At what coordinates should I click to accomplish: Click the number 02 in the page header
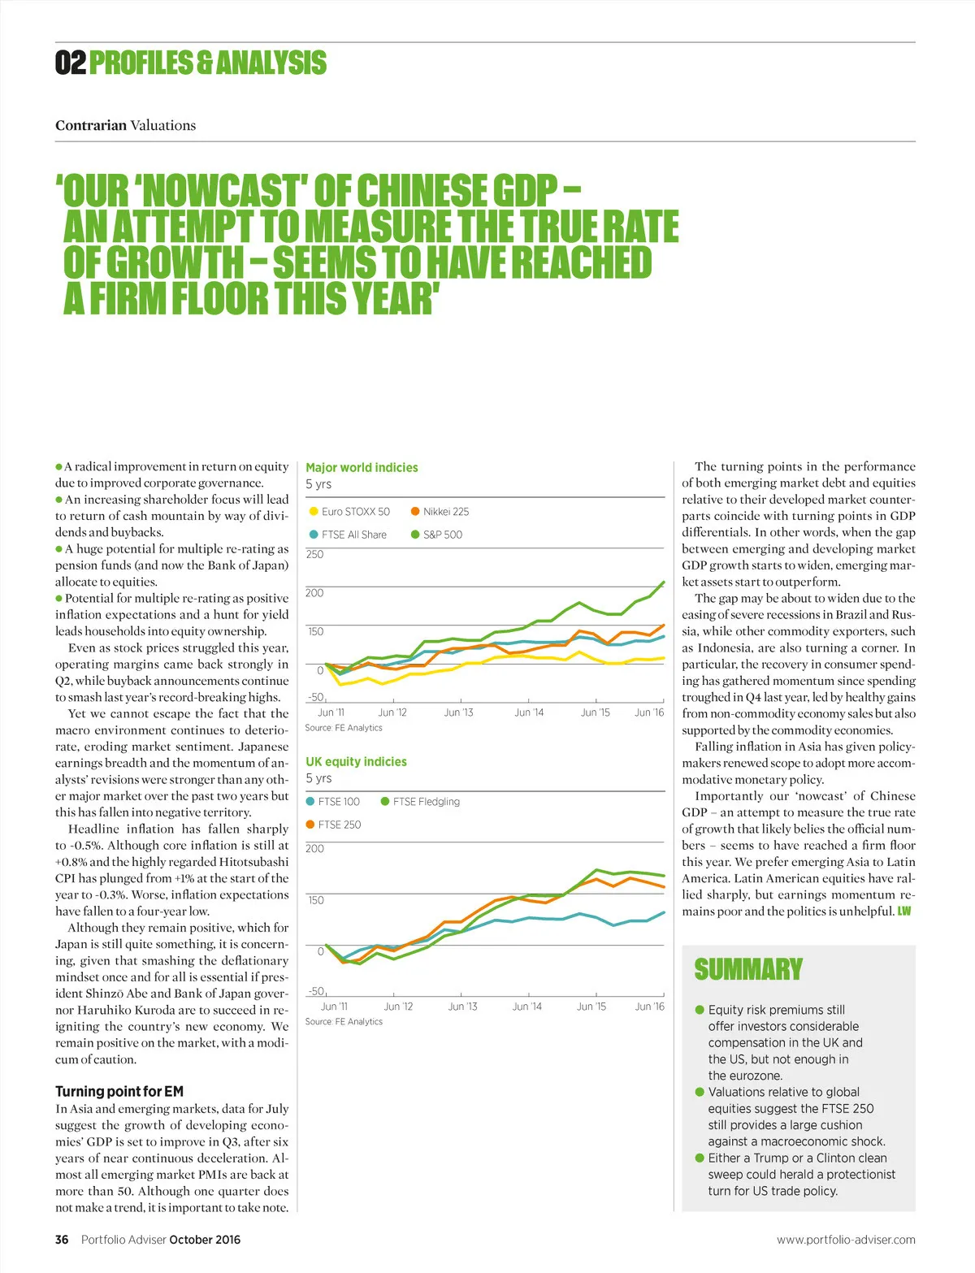(x=71, y=63)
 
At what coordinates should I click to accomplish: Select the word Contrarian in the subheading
(x=91, y=125)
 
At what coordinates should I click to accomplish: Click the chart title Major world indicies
(x=362, y=467)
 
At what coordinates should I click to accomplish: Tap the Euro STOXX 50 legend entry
(x=350, y=512)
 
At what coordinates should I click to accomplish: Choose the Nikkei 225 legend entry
(x=440, y=512)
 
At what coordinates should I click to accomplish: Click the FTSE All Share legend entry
(x=349, y=535)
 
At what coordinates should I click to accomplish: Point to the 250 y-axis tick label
(x=314, y=554)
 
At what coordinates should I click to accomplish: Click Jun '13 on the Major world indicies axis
(x=458, y=712)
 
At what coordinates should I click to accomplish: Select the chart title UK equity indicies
(x=356, y=761)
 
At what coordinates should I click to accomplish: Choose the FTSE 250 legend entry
(x=334, y=825)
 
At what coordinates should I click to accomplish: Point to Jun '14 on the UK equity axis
(x=526, y=1007)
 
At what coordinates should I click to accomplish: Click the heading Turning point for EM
(x=119, y=1091)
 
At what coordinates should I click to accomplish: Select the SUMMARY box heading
(x=747, y=969)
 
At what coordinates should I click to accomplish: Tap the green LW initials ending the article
(x=904, y=911)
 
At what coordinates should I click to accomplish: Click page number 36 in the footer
(x=62, y=1240)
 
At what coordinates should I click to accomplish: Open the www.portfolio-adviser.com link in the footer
(x=846, y=1240)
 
